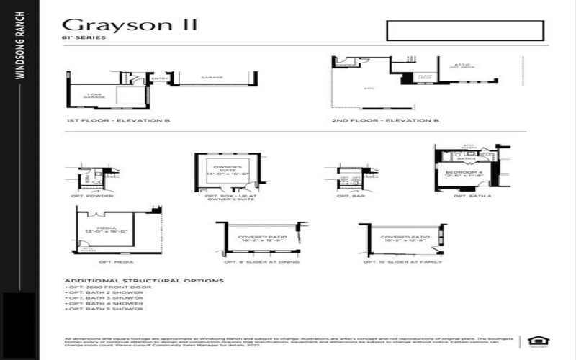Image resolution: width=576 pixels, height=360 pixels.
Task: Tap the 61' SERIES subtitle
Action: (x=85, y=38)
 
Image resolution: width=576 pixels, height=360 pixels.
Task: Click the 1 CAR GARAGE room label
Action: (x=94, y=96)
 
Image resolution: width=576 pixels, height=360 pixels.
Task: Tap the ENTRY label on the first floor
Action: (x=160, y=78)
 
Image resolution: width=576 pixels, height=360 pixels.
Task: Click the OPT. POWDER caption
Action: (x=94, y=196)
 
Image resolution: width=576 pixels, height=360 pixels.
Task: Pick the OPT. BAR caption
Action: (x=351, y=196)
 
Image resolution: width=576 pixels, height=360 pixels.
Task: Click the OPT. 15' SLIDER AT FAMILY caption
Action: (x=400, y=262)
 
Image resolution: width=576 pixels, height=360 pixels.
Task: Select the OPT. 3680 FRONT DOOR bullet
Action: (x=101, y=287)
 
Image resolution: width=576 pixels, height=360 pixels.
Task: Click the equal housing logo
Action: (x=535, y=341)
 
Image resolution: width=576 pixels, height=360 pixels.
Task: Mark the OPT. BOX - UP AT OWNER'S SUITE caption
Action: (x=227, y=197)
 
